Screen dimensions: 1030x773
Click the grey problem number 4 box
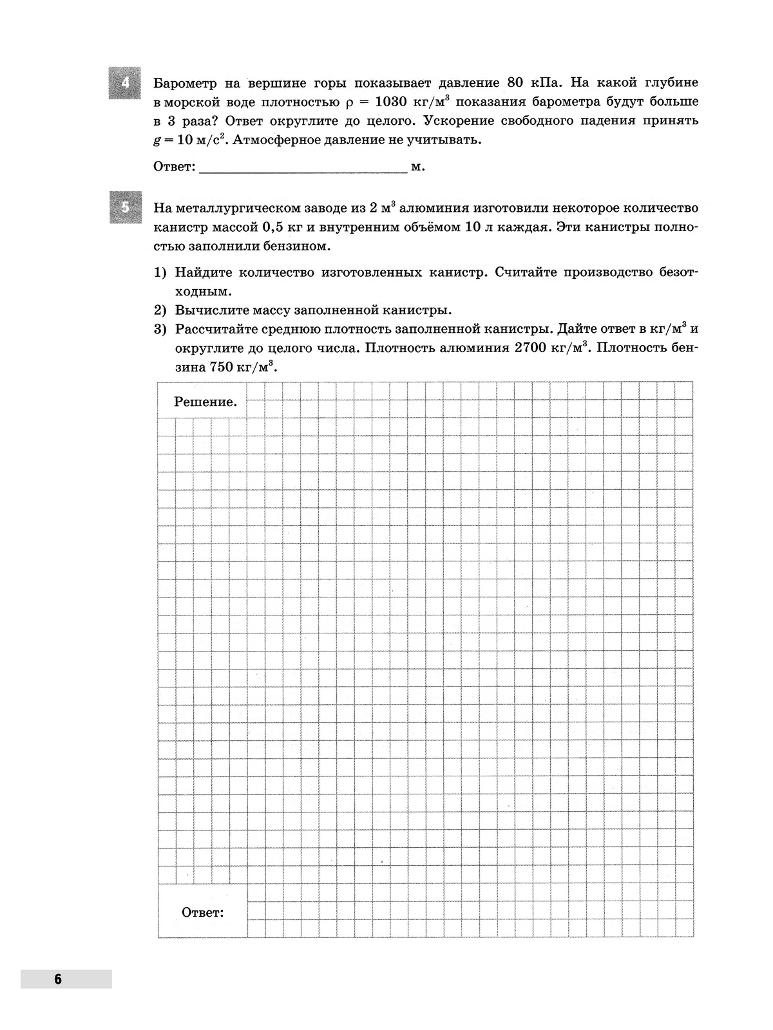click(x=125, y=83)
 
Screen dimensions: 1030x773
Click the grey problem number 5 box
click(x=125, y=207)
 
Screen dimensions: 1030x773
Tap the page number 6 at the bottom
click(x=58, y=979)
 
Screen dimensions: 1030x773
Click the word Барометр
click(x=184, y=83)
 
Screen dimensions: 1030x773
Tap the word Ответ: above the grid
click(x=174, y=167)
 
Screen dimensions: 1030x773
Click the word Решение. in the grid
click(x=205, y=402)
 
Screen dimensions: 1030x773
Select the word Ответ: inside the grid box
click(x=202, y=912)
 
